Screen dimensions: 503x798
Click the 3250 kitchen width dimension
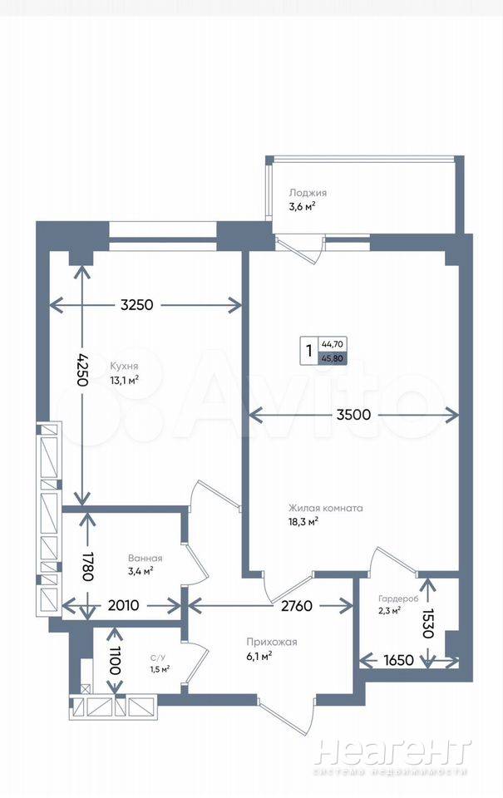(136, 305)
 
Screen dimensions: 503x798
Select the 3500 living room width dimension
(353, 415)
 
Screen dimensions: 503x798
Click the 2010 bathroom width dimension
(124, 605)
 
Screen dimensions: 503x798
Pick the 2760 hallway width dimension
(297, 606)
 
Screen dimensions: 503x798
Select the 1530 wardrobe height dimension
(427, 623)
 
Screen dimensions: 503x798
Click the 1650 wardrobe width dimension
(398, 660)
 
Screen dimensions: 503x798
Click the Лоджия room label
(308, 193)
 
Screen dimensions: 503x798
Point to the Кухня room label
(124, 366)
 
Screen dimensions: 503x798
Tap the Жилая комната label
(325, 508)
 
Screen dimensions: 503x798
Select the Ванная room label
(145, 559)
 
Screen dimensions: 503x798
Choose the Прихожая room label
(271, 643)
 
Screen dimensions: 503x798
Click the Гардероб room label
(398, 599)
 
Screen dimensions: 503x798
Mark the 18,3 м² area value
(303, 521)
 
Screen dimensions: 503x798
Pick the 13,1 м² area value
(124, 380)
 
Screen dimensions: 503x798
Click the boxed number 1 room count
(308, 351)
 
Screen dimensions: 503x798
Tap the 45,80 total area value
(332, 358)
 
